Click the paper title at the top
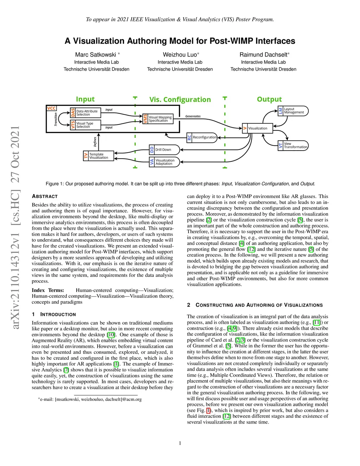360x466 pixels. point(180,41)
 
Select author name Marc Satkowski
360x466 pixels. point(96,55)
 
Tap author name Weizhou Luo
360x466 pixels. point(180,55)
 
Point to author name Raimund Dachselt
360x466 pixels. point(263,55)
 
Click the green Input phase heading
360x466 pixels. point(85,99)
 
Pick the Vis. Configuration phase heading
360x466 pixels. point(180,100)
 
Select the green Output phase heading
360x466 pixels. point(269,99)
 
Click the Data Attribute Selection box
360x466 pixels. point(85,113)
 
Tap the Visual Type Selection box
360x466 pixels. point(85,125)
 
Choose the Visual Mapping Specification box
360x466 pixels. point(158,119)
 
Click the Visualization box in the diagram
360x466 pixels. point(257,128)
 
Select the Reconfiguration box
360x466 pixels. point(202,137)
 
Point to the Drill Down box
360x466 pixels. point(164,150)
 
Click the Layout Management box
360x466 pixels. point(293,111)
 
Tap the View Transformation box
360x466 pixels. point(293,146)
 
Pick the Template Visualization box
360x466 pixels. point(98,156)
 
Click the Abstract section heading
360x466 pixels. point(45,196)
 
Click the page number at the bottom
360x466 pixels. point(180,443)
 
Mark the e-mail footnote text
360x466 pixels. point(90,399)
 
